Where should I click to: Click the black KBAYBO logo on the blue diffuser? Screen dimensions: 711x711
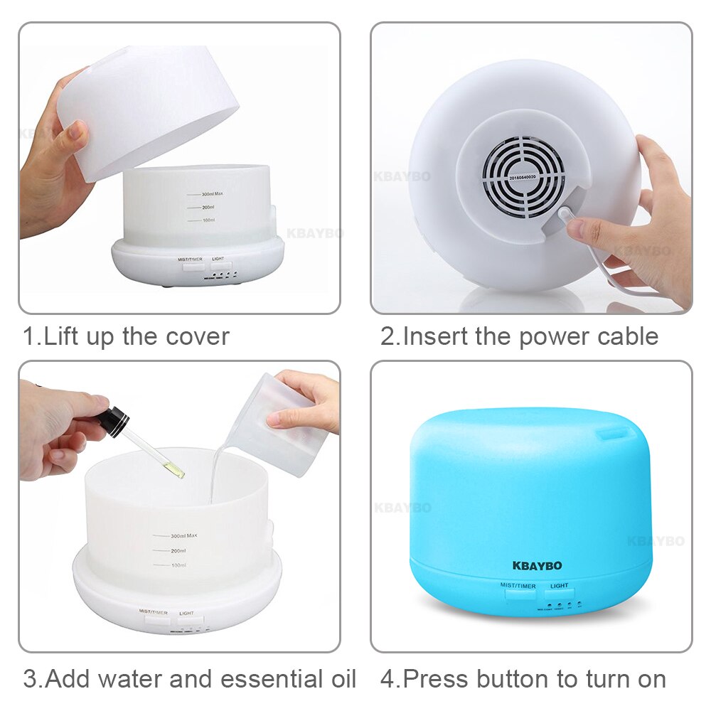pyautogui.click(x=537, y=566)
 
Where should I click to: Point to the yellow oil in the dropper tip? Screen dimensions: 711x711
pyautogui.click(x=176, y=471)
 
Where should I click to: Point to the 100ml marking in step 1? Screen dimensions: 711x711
pyautogui.click(x=208, y=221)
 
